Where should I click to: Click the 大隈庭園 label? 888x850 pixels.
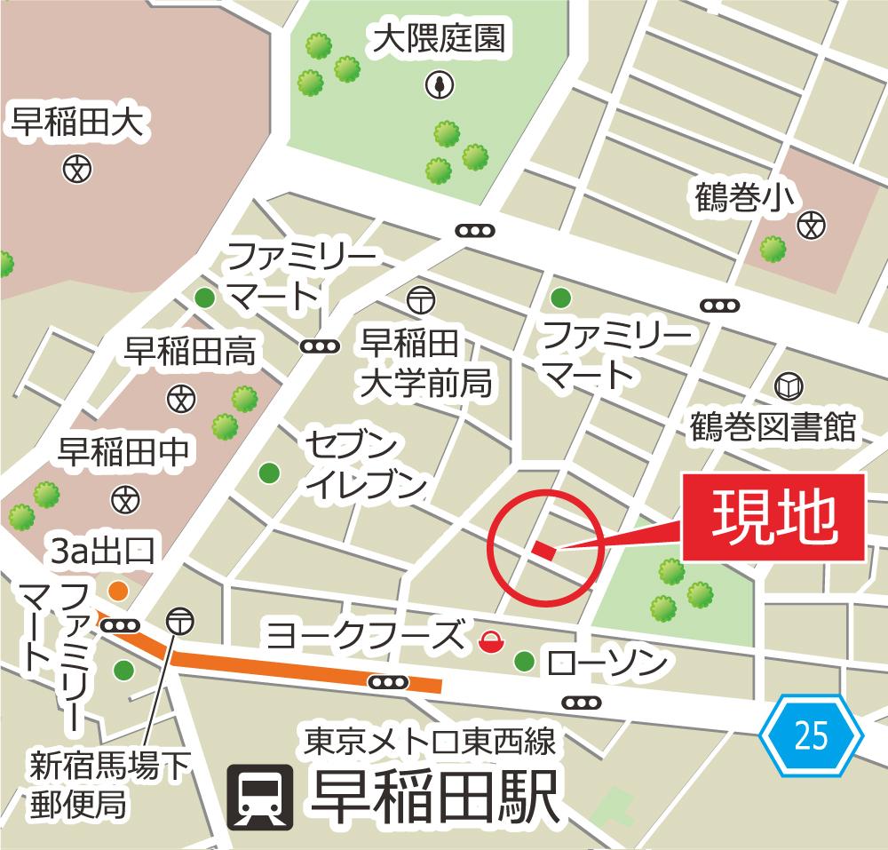click(x=439, y=40)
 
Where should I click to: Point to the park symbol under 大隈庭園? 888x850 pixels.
click(x=439, y=85)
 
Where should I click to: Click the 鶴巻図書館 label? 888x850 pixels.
click(x=773, y=427)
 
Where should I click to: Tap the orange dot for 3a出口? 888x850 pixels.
click(x=117, y=591)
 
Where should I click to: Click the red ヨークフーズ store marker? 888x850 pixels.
click(x=488, y=639)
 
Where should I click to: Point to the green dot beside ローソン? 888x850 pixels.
click(x=525, y=661)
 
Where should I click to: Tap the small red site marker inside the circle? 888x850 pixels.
click(x=543, y=552)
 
